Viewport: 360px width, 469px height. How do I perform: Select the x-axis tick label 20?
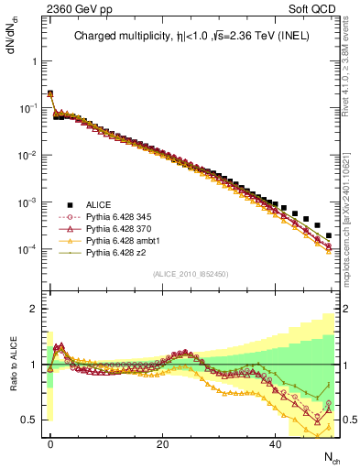[x=162, y=444]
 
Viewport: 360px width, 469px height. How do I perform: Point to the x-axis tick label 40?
[x=275, y=444]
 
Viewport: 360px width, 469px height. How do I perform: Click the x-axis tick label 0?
[x=50, y=444]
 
